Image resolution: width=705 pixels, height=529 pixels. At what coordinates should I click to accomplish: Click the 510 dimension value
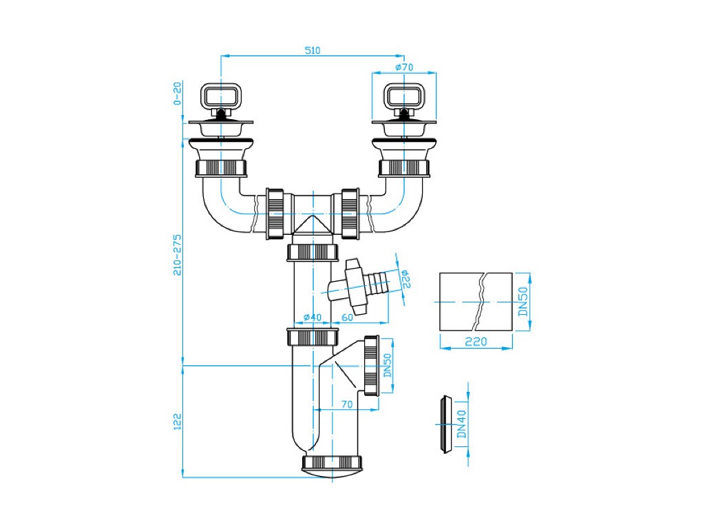point(313,50)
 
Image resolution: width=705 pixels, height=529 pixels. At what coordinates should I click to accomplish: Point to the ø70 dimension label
point(404,67)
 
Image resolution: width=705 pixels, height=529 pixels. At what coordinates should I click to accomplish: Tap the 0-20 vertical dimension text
point(177,93)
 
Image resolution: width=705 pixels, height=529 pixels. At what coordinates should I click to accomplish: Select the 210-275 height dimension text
point(177,255)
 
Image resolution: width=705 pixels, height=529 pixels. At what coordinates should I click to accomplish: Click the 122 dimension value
point(177,422)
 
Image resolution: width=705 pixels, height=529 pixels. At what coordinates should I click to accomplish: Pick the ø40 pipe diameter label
point(313,317)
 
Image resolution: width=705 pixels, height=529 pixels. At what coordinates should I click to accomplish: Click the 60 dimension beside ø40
point(347,317)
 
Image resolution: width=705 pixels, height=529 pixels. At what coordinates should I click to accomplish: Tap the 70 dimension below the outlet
point(347,404)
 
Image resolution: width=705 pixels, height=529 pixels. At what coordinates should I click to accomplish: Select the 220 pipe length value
point(476,342)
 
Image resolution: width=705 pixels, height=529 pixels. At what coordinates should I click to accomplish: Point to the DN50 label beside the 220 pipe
point(523,302)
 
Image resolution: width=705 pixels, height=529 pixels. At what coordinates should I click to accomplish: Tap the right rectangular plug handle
point(404,96)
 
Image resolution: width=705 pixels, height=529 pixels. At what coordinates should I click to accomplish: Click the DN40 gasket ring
point(446,424)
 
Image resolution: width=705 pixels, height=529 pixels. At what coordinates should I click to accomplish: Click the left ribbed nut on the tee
point(275,214)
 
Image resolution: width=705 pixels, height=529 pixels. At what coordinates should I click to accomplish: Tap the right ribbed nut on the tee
point(350,214)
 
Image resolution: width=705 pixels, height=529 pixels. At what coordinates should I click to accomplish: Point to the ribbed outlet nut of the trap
point(371,366)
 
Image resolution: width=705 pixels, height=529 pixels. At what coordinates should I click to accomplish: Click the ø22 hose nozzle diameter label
point(405,279)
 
